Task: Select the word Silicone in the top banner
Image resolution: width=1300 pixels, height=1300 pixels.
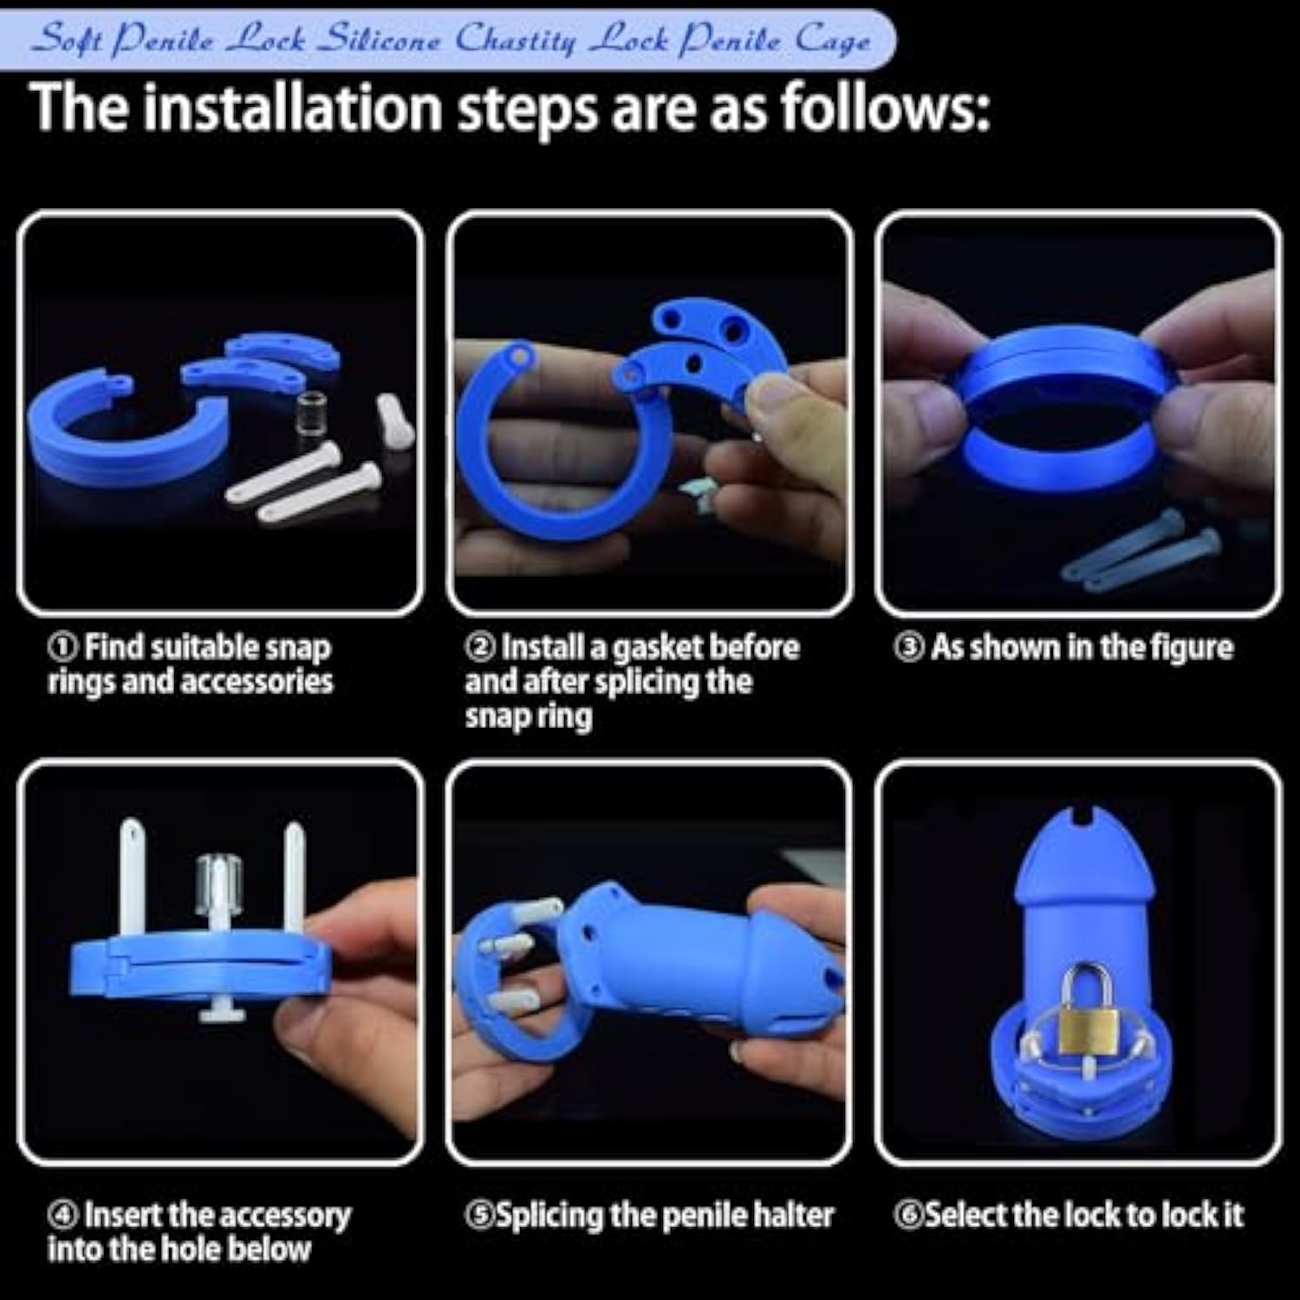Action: (x=380, y=39)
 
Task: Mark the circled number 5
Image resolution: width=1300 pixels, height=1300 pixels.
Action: (x=478, y=1215)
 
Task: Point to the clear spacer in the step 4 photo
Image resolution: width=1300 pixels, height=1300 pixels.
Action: (x=218, y=881)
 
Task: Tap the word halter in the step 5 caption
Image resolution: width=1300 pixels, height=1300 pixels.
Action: (x=793, y=1215)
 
